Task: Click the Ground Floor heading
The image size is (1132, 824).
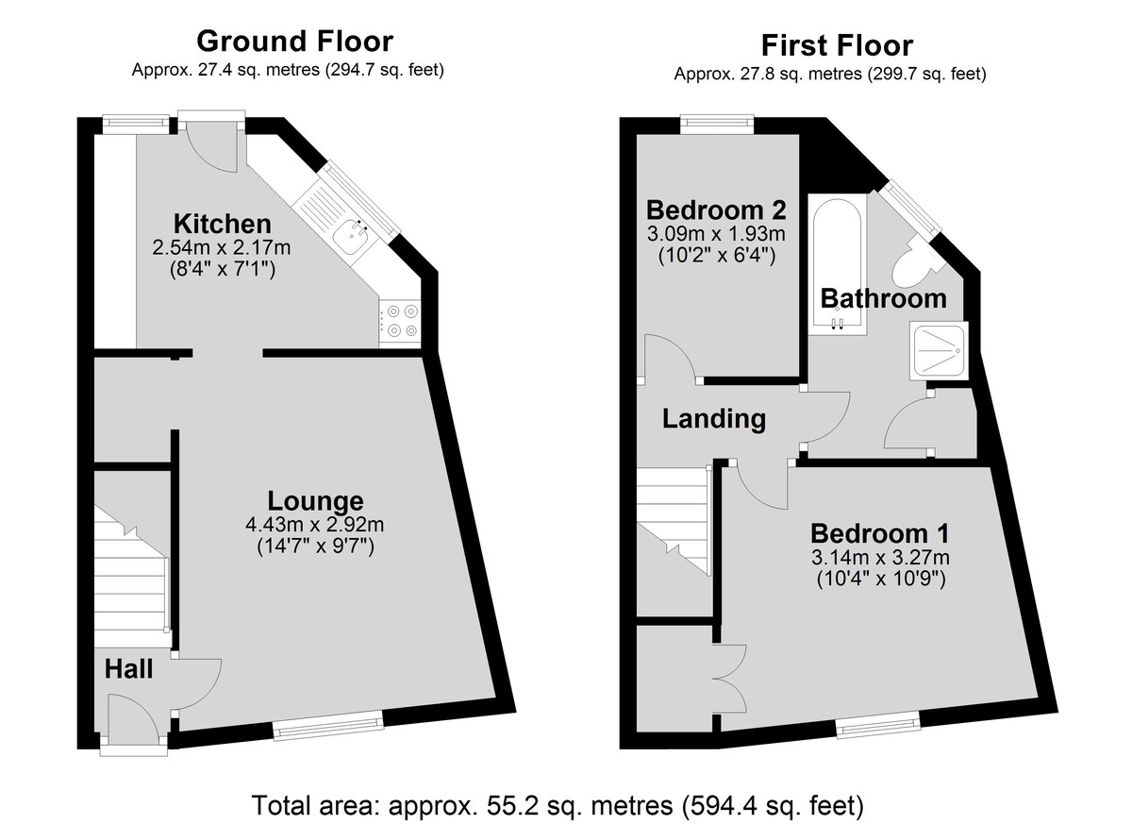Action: (x=294, y=42)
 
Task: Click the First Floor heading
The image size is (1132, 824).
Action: (x=837, y=45)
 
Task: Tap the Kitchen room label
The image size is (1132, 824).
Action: (x=223, y=224)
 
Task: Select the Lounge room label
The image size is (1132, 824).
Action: (x=315, y=500)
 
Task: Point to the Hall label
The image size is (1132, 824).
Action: (x=128, y=669)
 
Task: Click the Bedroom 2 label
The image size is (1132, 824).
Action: (x=716, y=210)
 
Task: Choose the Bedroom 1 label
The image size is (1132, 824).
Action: (x=880, y=533)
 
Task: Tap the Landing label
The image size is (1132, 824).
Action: (x=714, y=418)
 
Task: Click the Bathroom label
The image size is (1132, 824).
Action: (x=883, y=298)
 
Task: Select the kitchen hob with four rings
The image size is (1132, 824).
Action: (x=400, y=321)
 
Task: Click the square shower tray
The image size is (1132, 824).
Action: (x=939, y=350)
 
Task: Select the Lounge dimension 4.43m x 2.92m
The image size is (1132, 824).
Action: (x=315, y=525)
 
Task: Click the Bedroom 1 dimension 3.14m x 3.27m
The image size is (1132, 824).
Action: (x=880, y=558)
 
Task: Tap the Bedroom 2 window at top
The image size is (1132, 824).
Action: (x=717, y=125)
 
